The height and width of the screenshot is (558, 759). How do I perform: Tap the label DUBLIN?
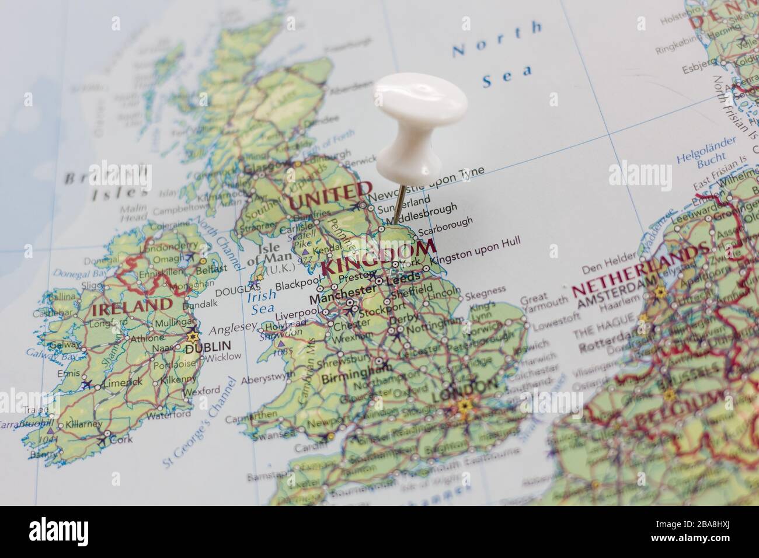(x=208, y=346)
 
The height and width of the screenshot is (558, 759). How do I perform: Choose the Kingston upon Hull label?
(x=478, y=250)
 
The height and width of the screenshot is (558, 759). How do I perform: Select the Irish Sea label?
(x=260, y=302)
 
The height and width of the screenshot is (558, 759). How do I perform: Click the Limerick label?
(x=122, y=382)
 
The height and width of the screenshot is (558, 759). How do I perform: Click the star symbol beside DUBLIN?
(x=192, y=337)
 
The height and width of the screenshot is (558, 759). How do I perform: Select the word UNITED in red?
(x=330, y=195)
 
